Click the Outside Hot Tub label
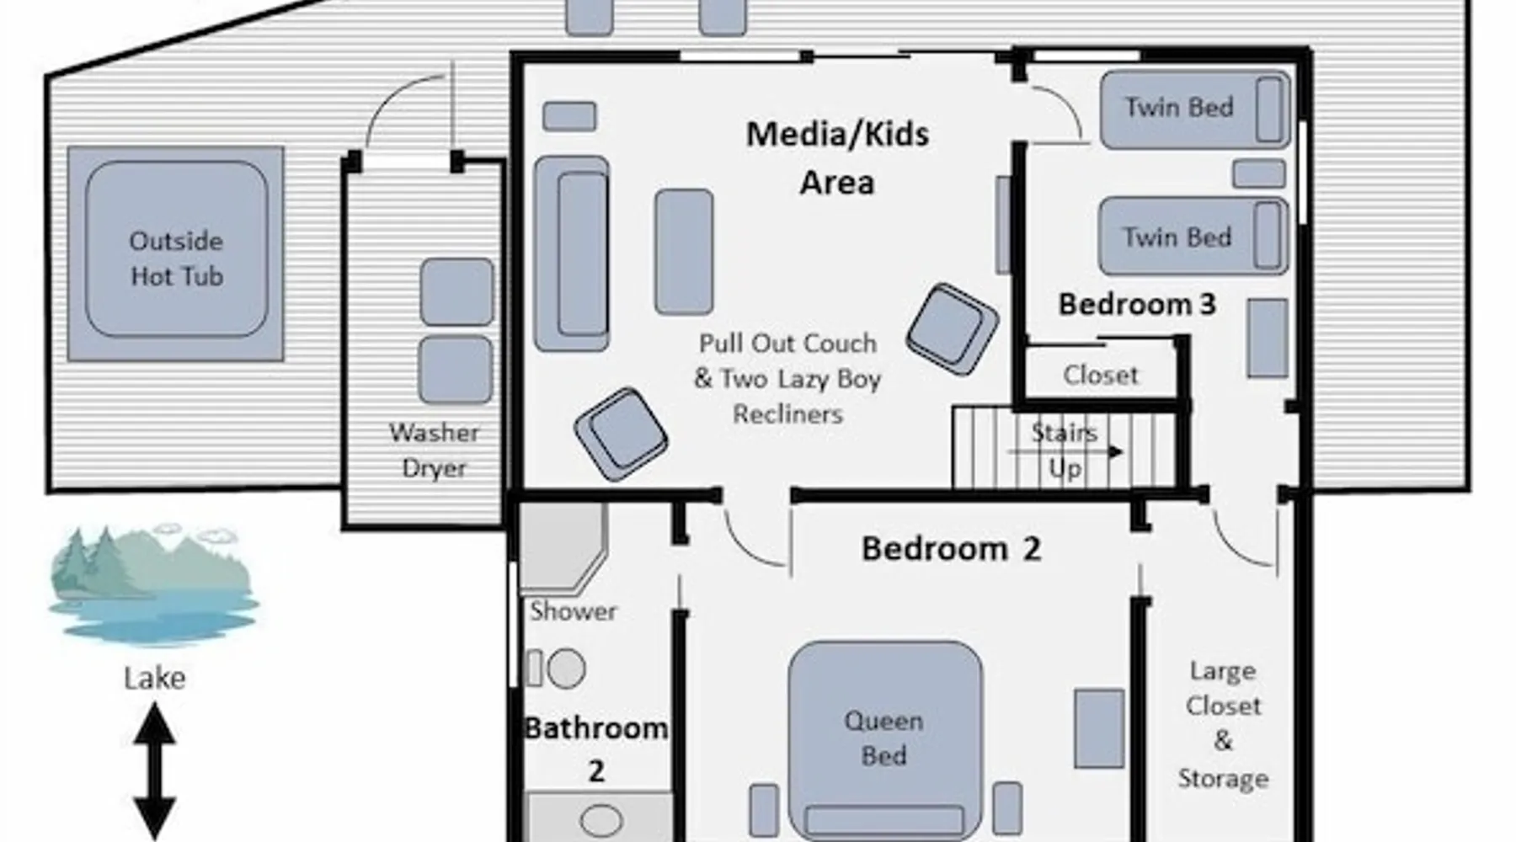point(176,258)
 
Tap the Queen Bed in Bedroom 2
point(884,740)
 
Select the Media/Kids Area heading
point(837,158)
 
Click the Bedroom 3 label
point(1137,304)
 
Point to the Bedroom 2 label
point(951,549)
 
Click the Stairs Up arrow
point(1066,452)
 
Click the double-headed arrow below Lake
point(154,770)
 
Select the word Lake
point(154,678)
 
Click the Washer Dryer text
point(434,450)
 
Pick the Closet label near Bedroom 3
point(1100,375)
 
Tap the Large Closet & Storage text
point(1223,724)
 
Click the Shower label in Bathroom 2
point(573,611)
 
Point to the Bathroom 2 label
point(596,748)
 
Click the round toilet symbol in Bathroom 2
point(566,669)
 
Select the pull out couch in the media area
point(572,253)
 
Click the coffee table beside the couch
point(684,252)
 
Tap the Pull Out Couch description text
point(787,379)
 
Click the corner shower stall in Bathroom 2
point(563,547)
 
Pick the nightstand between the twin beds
point(1259,173)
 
